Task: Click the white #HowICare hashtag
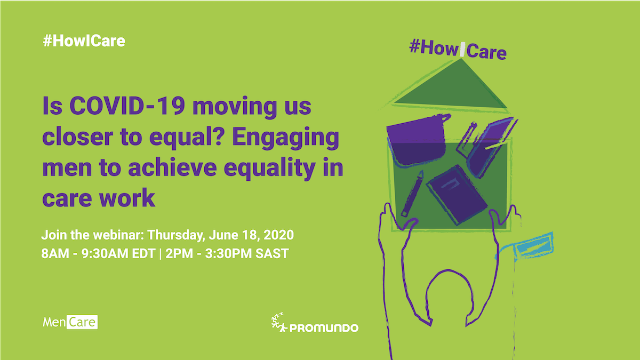pos(84,41)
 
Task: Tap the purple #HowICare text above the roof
pos(458,50)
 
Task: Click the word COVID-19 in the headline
pos(127,106)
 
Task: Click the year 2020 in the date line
pos(278,235)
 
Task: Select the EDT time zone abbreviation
pos(143,253)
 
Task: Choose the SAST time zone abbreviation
pos(271,253)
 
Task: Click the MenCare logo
pos(70,322)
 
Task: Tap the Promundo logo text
pos(324,327)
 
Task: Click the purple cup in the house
pos(417,140)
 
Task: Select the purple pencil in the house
pos(412,194)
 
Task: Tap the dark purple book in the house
pos(457,195)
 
